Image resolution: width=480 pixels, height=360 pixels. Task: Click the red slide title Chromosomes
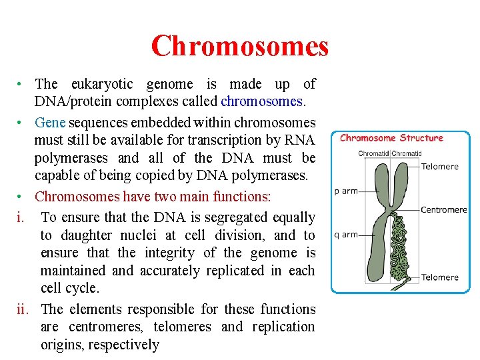(239, 46)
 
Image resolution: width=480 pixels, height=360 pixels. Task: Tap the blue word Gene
(49, 123)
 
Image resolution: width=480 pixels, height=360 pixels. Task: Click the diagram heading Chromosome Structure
(391, 138)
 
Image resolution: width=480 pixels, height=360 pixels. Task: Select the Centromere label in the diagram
(443, 209)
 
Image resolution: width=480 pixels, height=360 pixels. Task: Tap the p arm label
(346, 191)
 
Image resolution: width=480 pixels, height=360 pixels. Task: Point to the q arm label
(346, 235)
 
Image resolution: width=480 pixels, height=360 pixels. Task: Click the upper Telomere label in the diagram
(439, 167)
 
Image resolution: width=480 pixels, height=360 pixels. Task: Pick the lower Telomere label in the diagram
(439, 277)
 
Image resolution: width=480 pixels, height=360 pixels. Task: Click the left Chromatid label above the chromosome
(373, 153)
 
